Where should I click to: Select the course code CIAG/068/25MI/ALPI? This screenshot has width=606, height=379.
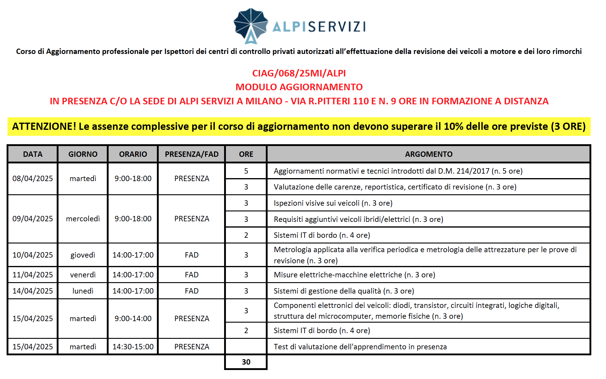coord(299,73)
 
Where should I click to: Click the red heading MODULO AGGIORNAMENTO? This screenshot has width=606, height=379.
coord(299,87)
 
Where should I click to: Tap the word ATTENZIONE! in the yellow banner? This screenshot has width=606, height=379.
coord(44,126)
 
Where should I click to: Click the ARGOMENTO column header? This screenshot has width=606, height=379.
coord(428,154)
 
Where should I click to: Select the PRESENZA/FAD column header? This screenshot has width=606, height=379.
coord(191,154)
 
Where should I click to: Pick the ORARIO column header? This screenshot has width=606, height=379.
coord(133,154)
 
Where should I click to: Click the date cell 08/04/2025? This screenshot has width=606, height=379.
coord(32,178)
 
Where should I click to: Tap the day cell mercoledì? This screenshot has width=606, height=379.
coord(83,219)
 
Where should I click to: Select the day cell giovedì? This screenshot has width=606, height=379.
coord(83,255)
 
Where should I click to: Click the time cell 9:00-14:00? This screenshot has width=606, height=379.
coord(133,318)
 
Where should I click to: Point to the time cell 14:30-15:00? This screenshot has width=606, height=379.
coord(133,347)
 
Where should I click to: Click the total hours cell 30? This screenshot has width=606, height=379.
coord(246,362)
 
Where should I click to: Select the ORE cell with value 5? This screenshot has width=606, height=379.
coord(246,171)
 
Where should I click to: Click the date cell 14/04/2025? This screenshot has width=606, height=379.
coord(32,291)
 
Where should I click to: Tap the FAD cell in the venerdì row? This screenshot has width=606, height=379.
coord(191,275)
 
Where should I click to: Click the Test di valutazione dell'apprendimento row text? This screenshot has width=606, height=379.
coord(360,347)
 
